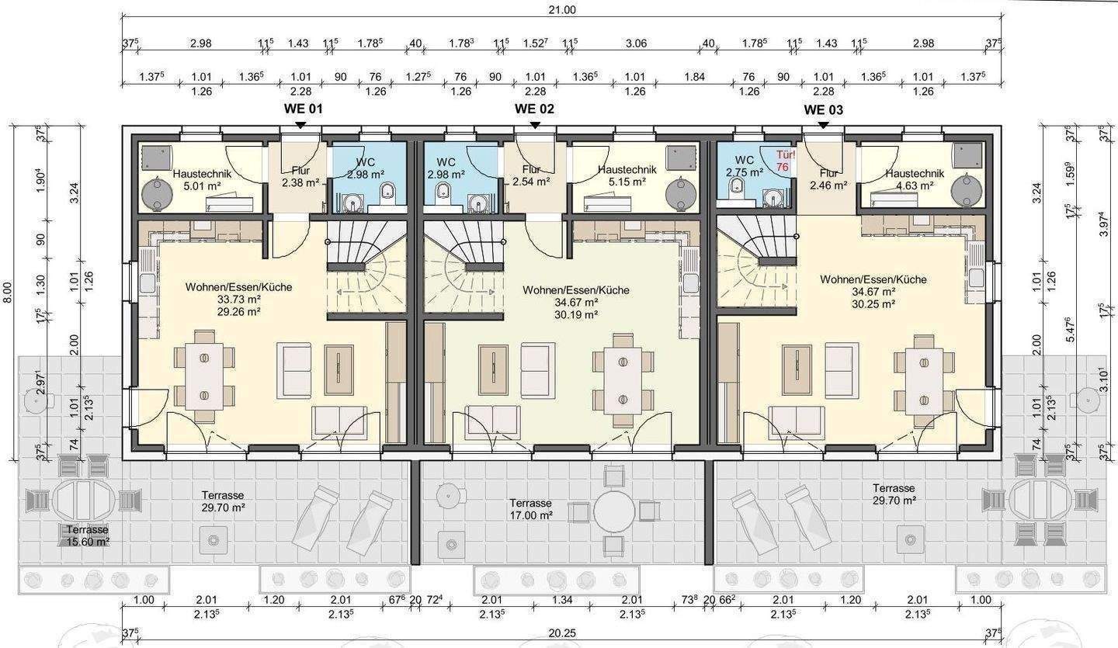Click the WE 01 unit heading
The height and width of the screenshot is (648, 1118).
tap(304, 108)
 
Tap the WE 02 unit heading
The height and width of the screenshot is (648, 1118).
tap(534, 108)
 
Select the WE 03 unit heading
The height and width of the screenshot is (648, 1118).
tap(823, 109)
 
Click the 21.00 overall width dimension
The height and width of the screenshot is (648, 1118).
tap(562, 9)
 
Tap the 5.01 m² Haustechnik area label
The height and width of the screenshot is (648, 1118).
tap(202, 186)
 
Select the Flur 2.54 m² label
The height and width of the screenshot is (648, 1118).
tap(531, 175)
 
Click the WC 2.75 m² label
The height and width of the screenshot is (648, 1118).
tap(745, 166)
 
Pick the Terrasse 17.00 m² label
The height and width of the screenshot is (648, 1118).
tap(530, 509)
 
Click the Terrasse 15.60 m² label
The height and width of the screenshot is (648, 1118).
tap(87, 535)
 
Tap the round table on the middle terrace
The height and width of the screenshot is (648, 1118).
tap(614, 511)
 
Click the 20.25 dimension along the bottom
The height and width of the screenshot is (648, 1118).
tap(562, 633)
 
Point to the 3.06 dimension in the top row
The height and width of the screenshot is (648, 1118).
tap(636, 43)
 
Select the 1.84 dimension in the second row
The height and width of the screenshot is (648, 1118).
tap(694, 77)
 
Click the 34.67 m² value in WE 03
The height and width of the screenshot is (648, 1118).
tap(873, 292)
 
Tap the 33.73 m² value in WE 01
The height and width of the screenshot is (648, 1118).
tap(238, 300)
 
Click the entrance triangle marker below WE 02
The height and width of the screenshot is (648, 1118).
tap(534, 126)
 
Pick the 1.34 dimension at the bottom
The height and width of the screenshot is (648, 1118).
tap(562, 600)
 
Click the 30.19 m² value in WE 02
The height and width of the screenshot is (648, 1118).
tap(575, 314)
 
